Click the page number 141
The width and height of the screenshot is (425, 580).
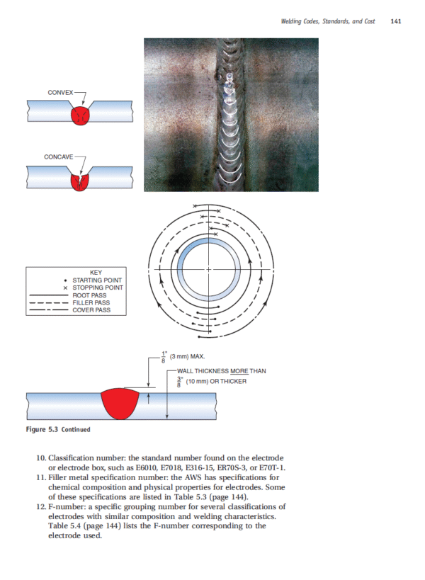[x=396, y=22]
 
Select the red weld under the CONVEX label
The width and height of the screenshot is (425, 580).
[x=83, y=115]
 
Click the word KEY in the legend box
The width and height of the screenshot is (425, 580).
[x=96, y=273]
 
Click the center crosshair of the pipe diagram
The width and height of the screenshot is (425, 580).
[x=208, y=270]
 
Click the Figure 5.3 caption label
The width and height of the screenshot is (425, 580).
[x=42, y=429]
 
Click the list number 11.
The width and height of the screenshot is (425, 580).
[x=40, y=479]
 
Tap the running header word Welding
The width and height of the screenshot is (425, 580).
[x=293, y=22]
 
